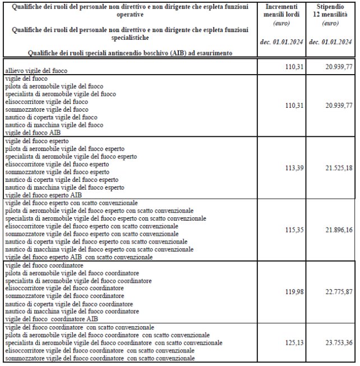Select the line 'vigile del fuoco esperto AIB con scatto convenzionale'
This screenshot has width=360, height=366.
click(79, 256)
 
